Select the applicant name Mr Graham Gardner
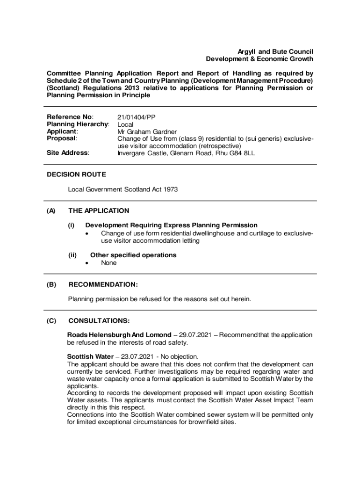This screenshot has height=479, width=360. click(x=147, y=131)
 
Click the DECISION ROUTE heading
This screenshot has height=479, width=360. click(x=76, y=174)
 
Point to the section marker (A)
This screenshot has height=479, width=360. click(x=51, y=210)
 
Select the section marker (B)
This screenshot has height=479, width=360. click(x=51, y=284)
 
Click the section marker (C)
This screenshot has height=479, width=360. click(x=51, y=321)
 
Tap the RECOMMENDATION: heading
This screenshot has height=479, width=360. click(x=103, y=284)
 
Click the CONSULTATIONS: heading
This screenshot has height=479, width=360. click(x=99, y=321)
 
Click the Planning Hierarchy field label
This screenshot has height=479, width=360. click(x=78, y=124)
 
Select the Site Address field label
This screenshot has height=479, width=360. click(x=68, y=152)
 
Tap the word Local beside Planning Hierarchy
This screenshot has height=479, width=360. click(x=125, y=124)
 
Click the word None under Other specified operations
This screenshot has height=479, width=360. click(x=109, y=263)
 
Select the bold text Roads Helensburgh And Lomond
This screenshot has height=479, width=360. click(x=119, y=335)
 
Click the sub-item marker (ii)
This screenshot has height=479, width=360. click(x=73, y=255)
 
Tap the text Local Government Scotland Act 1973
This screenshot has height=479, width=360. click(x=123, y=189)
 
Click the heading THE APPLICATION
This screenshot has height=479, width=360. click(x=99, y=210)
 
